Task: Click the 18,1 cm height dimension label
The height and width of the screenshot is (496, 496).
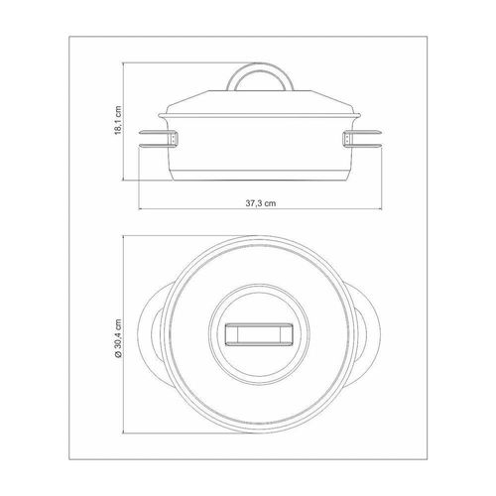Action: pos(118,120)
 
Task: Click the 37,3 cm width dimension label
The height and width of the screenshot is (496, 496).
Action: pos(261,203)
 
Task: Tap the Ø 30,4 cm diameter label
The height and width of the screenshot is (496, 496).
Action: pos(118,338)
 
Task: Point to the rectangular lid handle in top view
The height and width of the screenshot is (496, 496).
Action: pos(259,334)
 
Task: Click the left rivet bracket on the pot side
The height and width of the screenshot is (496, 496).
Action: pos(174,138)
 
